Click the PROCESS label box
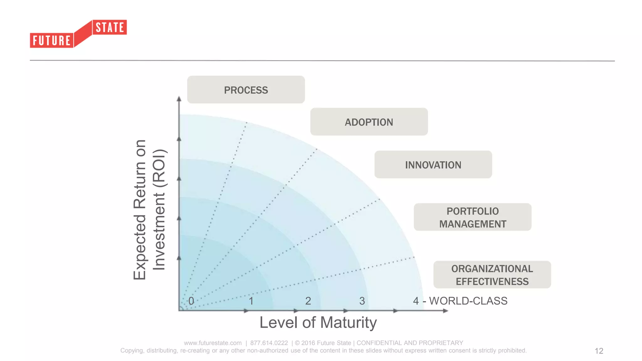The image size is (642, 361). click(246, 90)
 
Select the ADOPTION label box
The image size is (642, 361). click(369, 122)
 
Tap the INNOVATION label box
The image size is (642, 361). click(433, 165)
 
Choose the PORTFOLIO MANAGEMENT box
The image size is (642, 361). click(472, 217)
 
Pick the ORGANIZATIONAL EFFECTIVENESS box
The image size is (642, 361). click(492, 275)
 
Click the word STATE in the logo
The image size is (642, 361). click(110, 28)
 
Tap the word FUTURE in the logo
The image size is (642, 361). click(52, 41)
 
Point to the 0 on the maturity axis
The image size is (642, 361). click(191, 301)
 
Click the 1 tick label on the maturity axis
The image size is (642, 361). click(251, 301)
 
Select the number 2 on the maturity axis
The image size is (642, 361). click(308, 301)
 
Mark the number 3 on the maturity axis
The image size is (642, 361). click(362, 301)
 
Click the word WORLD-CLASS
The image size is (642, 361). click(468, 301)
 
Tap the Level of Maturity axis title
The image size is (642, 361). click(318, 322)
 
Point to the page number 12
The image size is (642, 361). click(599, 351)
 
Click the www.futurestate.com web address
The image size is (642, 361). click(213, 343)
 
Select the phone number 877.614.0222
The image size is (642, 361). click(269, 343)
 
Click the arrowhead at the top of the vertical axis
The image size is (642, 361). click(179, 99)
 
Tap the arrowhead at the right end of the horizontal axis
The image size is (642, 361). click(445, 311)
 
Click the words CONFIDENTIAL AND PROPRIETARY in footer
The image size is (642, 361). click(410, 343)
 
